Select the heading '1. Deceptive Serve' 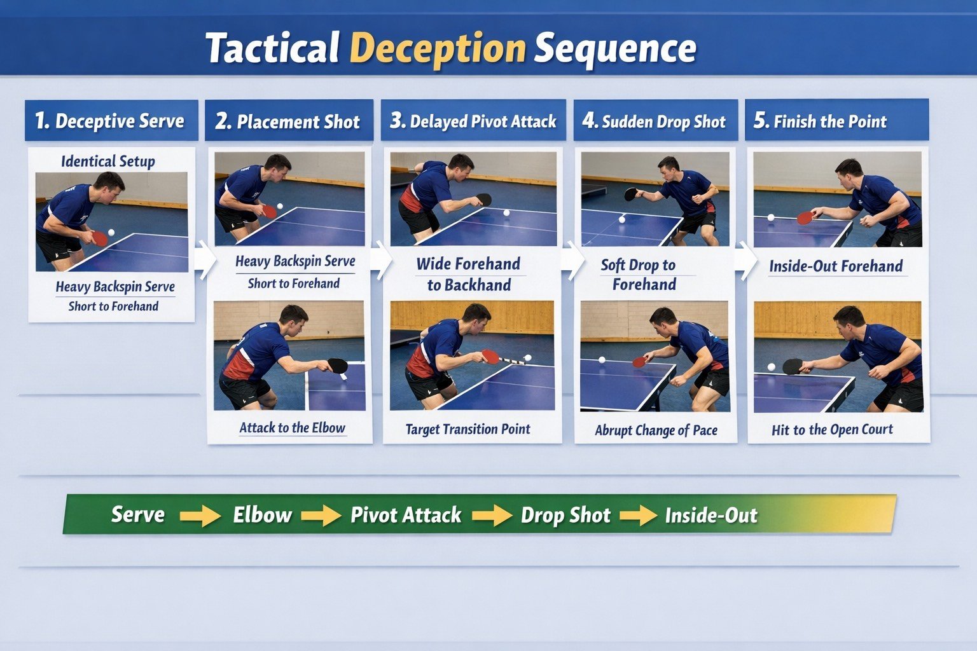click(x=110, y=121)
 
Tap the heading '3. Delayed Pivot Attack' click(x=473, y=121)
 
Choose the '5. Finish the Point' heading click(x=821, y=121)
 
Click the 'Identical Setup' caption click(x=108, y=161)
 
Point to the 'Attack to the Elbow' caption click(x=292, y=428)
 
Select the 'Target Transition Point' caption click(x=468, y=429)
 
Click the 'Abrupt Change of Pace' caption click(x=656, y=430)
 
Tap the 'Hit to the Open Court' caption click(x=832, y=430)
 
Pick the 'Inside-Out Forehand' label click(x=836, y=266)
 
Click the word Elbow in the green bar click(x=262, y=514)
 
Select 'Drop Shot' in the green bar click(x=565, y=515)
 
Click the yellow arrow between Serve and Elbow click(x=200, y=516)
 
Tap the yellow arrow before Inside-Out click(x=638, y=516)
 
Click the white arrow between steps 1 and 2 click(x=205, y=259)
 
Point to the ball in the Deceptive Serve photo click(x=111, y=233)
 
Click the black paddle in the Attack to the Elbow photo click(x=337, y=366)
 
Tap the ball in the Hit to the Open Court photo click(x=772, y=367)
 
